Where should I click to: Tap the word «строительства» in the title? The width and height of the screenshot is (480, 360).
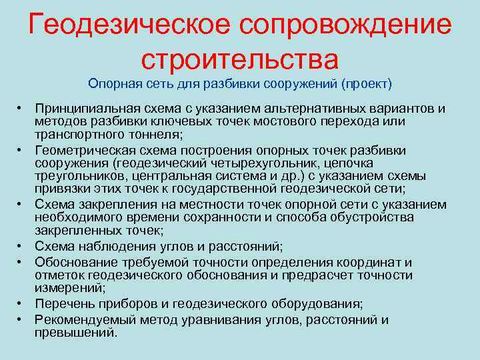(240, 57)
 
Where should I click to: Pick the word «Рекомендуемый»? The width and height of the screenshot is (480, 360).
(83, 319)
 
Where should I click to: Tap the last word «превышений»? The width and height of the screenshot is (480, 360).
(75, 331)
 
